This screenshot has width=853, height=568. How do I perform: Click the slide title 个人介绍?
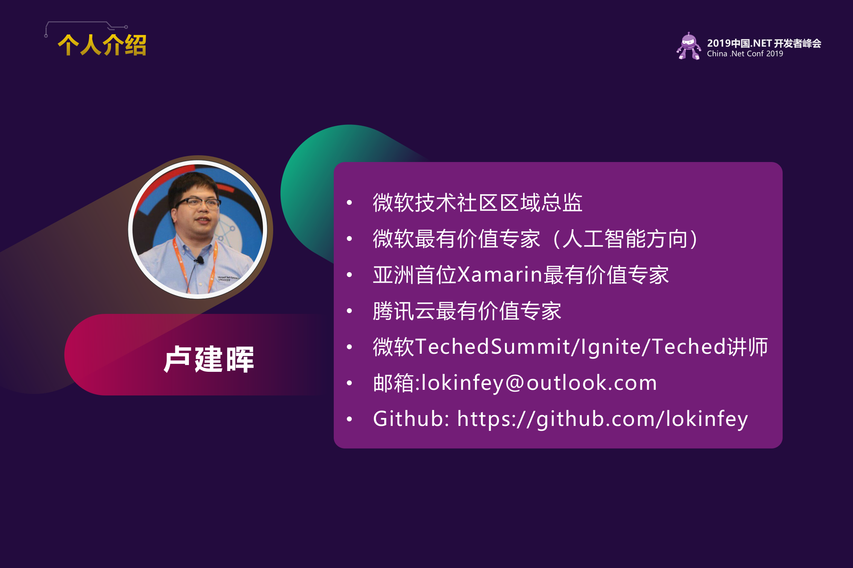point(102,45)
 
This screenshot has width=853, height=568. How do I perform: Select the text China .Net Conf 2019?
point(745,54)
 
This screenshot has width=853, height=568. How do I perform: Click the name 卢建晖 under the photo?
point(209,359)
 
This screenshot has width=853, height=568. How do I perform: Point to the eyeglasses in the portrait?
point(198,204)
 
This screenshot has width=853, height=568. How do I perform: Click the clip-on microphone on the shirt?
point(200,259)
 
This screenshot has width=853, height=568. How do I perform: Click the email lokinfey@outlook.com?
point(539,383)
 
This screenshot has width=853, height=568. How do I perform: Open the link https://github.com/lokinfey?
point(602,419)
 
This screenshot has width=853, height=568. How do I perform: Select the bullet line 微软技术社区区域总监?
point(477,203)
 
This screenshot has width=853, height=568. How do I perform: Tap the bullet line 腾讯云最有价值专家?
point(467,311)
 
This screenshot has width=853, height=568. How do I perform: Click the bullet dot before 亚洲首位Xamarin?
point(350,275)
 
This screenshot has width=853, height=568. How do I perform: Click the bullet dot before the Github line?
point(350,419)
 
